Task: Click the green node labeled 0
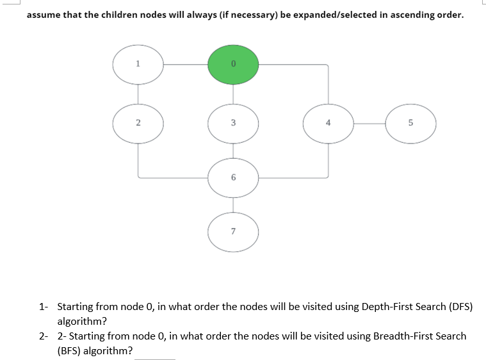(233, 64)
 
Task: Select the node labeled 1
(138, 64)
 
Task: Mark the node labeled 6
(233, 176)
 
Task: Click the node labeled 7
(233, 230)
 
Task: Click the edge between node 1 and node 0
(186, 64)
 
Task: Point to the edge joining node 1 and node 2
(138, 93)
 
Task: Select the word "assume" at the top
(44, 15)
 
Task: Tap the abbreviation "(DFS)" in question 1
(458, 306)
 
